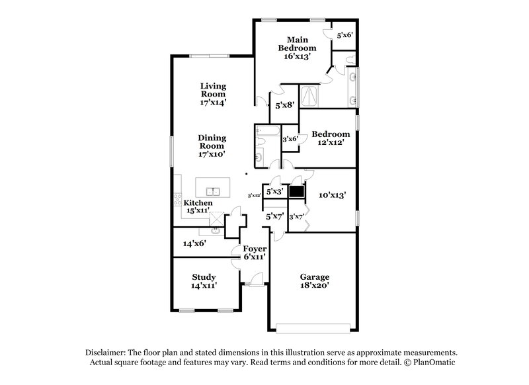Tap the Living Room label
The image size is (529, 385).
214,90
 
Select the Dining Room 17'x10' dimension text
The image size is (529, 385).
213,153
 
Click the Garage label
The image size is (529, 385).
314,277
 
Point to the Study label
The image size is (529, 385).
204,277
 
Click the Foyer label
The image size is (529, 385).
254,249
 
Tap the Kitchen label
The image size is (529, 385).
198,202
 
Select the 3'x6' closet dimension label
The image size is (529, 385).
290,139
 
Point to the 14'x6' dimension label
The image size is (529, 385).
194,243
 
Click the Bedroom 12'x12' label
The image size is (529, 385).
331,138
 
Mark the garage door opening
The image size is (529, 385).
314,326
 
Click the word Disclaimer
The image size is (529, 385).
108,353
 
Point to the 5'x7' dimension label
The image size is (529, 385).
274,216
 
